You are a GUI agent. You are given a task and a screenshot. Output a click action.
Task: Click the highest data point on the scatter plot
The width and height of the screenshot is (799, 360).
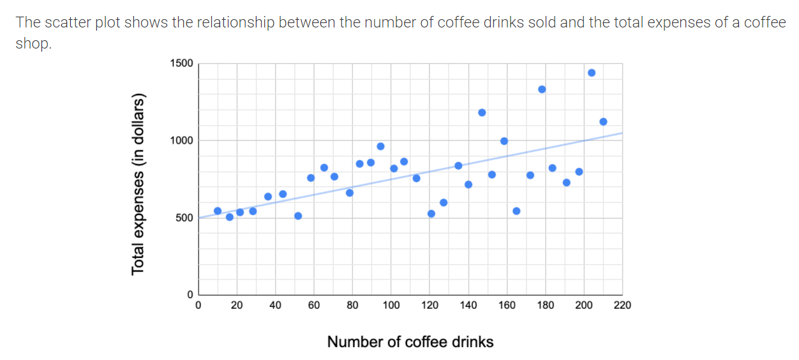coord(591,73)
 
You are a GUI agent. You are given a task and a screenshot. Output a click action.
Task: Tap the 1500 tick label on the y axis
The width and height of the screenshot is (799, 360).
coord(181,63)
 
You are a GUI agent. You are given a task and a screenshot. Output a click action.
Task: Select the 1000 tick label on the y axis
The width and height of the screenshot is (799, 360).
coord(181,140)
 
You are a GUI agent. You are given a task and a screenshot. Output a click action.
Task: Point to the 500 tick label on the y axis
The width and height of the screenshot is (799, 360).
coord(184,218)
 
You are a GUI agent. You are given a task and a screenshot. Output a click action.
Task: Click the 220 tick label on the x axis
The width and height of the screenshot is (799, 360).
coord(622,305)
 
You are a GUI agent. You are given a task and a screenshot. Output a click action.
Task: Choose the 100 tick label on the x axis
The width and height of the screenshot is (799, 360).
coord(391,305)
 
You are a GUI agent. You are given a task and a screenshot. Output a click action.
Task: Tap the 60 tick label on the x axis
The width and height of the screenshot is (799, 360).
coord(314,305)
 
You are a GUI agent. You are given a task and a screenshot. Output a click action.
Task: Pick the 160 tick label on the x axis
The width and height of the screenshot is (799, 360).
coord(507,305)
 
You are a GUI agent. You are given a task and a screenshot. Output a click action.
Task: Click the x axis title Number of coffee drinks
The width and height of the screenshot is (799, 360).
coord(410,342)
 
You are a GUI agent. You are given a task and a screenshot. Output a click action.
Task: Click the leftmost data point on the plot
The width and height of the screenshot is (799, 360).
coord(218,211)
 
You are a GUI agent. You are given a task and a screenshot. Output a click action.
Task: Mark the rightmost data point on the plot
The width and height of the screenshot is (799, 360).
coord(603,122)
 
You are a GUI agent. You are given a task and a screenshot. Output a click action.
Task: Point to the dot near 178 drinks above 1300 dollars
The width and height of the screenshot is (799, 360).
coord(542,89)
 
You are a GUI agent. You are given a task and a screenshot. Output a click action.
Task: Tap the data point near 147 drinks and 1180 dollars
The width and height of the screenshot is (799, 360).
coord(482,112)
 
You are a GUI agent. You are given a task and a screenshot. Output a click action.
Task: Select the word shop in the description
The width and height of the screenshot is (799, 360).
coord(33,45)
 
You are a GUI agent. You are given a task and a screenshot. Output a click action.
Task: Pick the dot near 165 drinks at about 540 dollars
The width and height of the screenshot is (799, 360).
coord(516,211)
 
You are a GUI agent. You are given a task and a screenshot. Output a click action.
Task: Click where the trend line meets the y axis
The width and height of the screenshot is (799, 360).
coord(198,218)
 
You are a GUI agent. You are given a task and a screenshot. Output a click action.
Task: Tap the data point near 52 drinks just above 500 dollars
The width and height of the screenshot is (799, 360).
coord(298,216)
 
